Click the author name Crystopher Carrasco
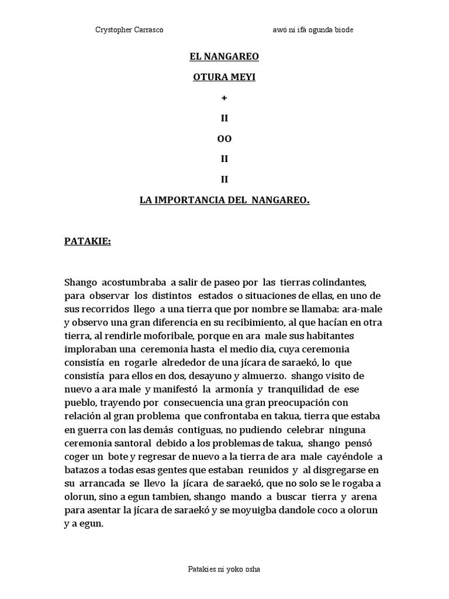coord(129,30)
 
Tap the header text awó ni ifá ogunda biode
coord(313,30)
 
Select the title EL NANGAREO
coord(224,57)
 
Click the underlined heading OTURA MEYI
coord(224,77)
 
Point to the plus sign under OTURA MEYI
coord(224,97)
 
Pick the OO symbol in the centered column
coord(224,139)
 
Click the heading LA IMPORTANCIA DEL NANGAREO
coord(224,200)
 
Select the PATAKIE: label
coord(87,241)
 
